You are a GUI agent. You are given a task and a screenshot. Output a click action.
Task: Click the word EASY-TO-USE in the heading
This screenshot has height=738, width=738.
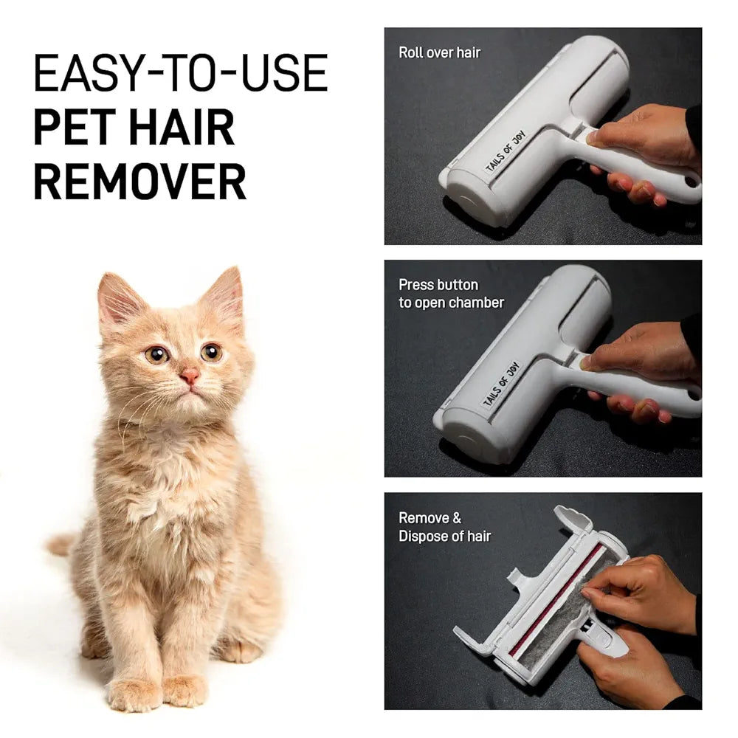pos(180,73)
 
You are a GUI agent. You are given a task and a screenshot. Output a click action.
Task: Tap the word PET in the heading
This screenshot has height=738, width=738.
pos(75,127)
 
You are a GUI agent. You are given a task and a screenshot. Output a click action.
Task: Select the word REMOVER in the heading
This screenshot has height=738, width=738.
pos(139,181)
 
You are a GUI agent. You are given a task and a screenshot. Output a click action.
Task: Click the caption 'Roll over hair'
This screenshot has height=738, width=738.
pos(439,52)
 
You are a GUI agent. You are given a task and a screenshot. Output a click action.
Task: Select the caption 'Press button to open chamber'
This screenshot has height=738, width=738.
pos(451,294)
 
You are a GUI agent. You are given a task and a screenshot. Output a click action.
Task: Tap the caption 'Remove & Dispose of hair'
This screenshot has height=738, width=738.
pos(444,527)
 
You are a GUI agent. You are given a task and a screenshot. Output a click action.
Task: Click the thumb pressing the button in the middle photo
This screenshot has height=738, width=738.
pos(594,362)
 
